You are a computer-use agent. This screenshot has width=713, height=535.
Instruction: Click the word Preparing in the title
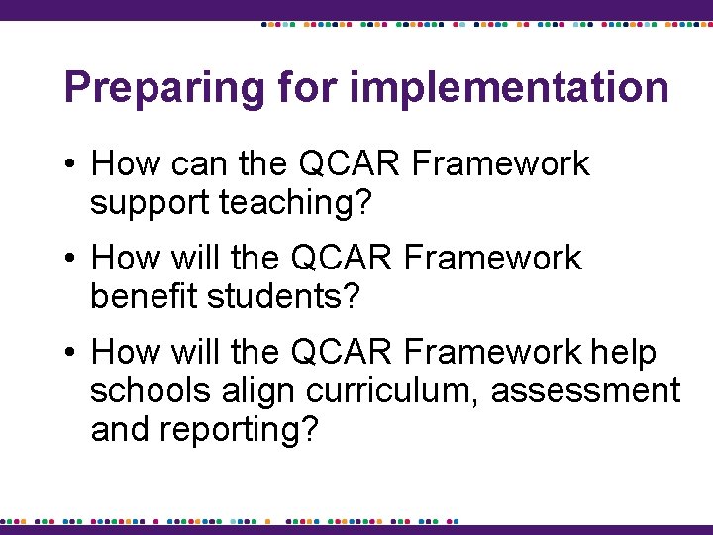pyautogui.click(x=163, y=88)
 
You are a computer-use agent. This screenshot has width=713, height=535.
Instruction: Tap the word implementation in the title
pyautogui.click(x=509, y=88)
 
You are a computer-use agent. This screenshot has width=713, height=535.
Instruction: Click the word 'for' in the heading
pyautogui.click(x=308, y=87)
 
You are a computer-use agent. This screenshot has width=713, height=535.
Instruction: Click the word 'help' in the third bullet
pyautogui.click(x=623, y=352)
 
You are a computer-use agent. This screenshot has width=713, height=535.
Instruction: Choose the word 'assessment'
pyautogui.click(x=585, y=390)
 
